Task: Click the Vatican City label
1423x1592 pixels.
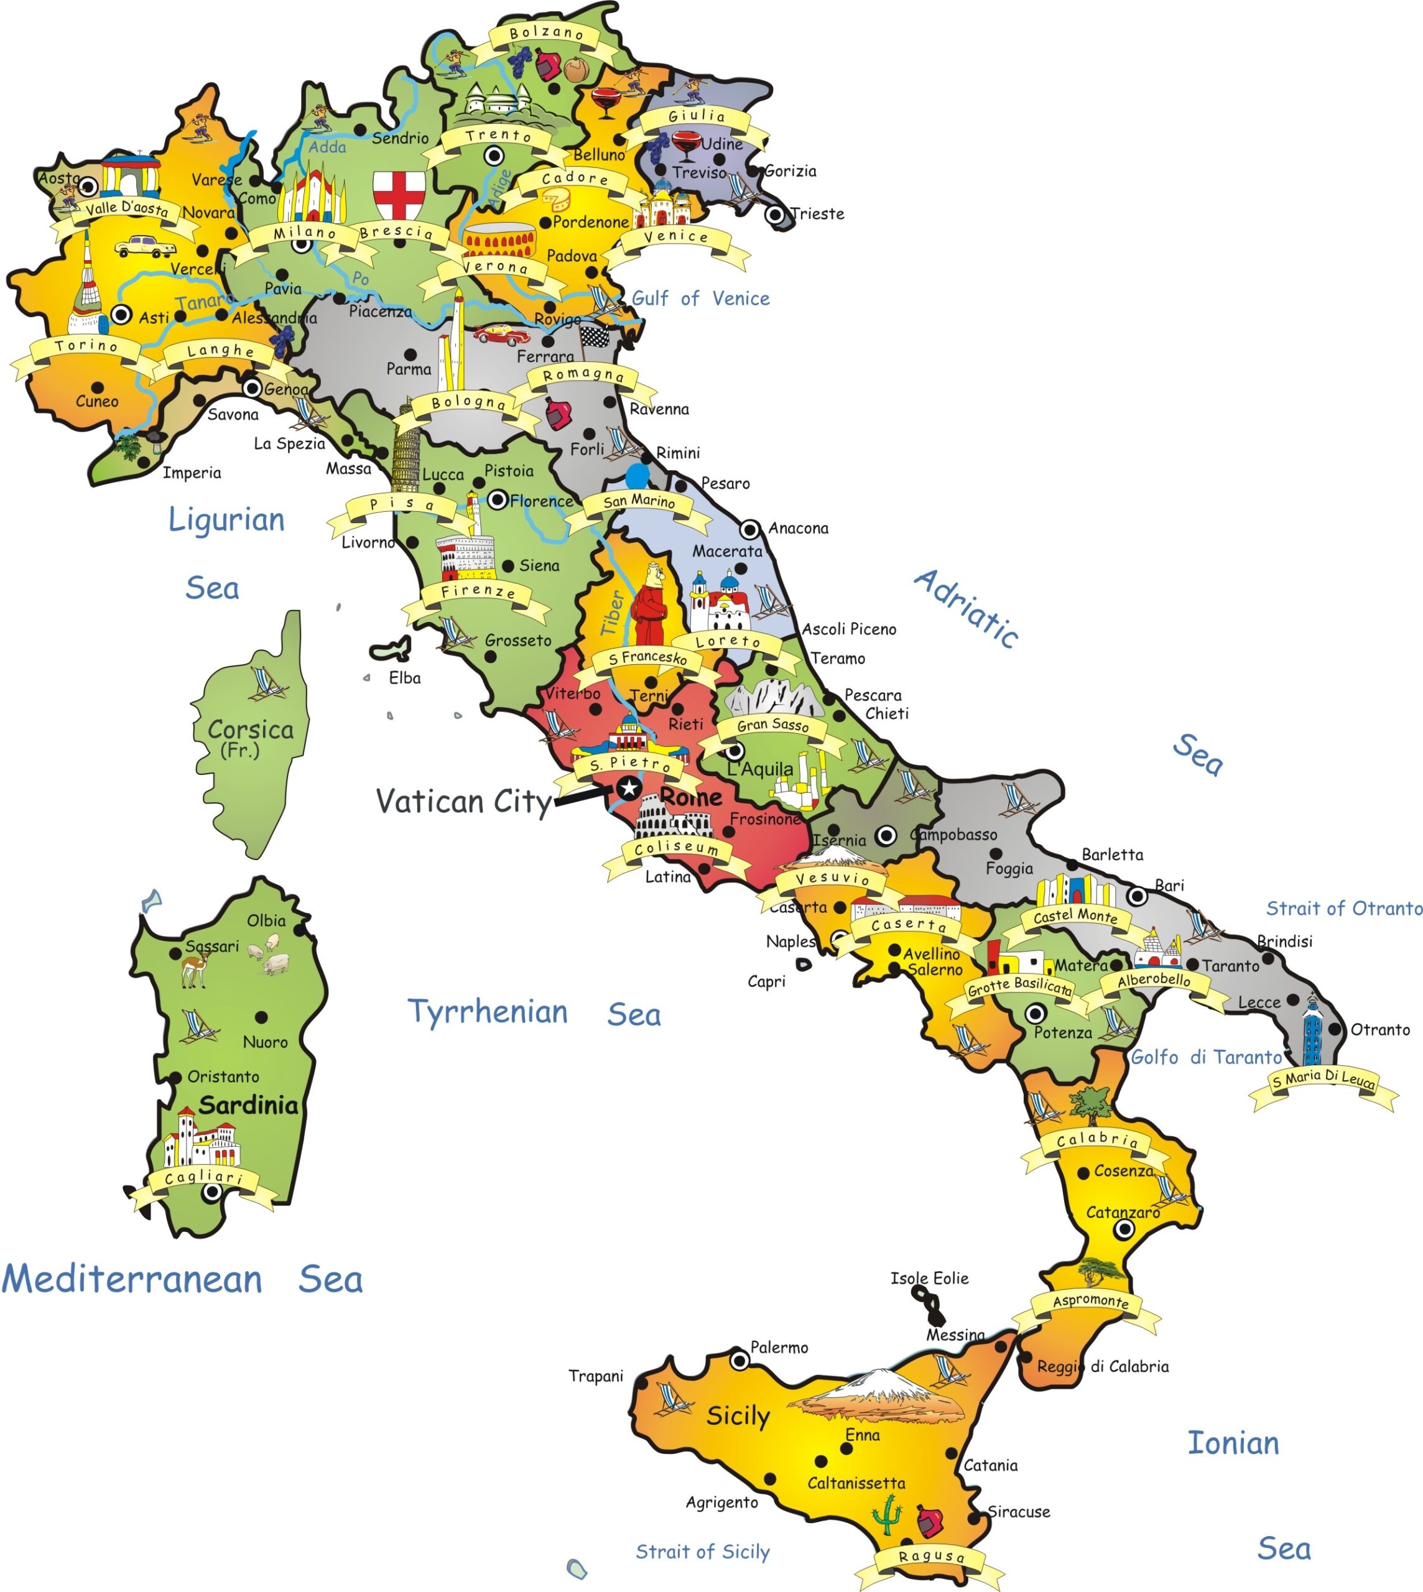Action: [x=463, y=802]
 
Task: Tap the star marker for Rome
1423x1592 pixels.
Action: [x=629, y=787]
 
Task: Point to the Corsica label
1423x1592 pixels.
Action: [x=250, y=729]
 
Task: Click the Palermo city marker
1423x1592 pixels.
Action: [x=739, y=1361]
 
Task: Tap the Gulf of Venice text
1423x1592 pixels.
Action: [x=700, y=298]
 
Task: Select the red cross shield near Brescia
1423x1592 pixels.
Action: [x=399, y=194]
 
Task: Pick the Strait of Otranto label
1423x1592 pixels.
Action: [x=1343, y=908]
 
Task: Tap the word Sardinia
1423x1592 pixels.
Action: [x=249, y=1106]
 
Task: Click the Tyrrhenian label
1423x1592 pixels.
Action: [x=488, y=1012]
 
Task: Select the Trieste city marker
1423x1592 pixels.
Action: [x=775, y=215]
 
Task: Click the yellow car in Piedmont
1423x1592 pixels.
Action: [x=146, y=247]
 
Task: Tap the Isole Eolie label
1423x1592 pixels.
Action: [x=929, y=1279]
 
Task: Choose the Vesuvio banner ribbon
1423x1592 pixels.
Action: [x=833, y=879]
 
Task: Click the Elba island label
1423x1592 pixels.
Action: [x=405, y=678]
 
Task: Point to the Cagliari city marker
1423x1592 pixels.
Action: [x=211, y=1192]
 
